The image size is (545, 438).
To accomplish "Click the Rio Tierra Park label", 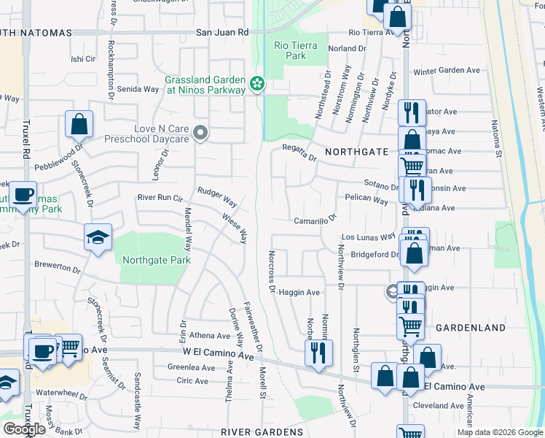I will coord(296,50).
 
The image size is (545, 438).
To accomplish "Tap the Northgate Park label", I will coord(156,260).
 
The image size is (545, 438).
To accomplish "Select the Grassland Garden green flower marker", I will coord(256,85).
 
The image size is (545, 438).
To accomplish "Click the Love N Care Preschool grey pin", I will coord(202,133).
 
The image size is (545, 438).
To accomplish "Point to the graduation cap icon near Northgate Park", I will coord(98,237).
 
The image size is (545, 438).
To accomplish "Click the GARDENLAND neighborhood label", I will coord(470,328).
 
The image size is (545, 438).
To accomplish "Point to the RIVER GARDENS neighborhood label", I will coord(262,432).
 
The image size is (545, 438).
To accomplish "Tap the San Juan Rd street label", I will coord(223,33).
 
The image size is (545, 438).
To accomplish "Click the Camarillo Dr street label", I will coord(315,219).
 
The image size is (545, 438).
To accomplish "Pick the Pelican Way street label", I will coord(366,199).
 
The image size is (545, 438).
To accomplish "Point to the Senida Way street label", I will coord(138,89).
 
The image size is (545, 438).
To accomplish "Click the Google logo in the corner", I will coord(24,429).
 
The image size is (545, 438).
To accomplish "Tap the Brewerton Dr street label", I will coord(57,266).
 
